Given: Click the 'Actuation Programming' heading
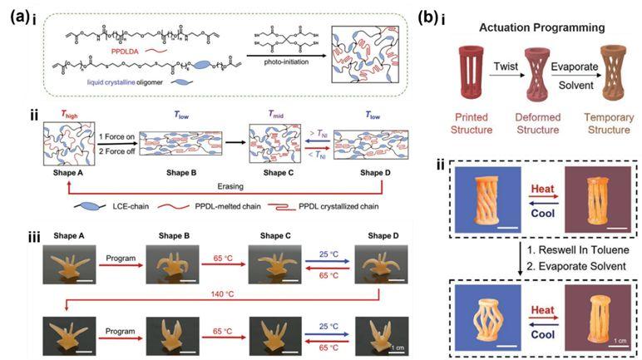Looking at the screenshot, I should (545, 27).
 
